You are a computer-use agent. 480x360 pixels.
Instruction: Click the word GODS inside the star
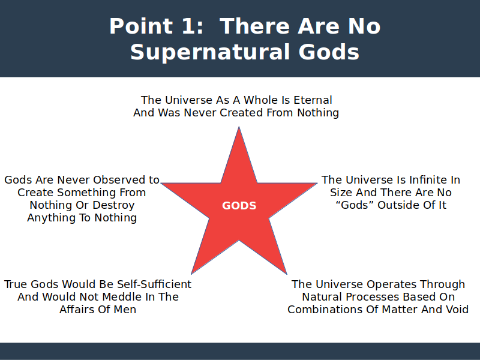tap(239, 206)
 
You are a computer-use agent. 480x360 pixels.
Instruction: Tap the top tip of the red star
tap(239, 127)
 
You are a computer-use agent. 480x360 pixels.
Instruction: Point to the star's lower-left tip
tap(191, 274)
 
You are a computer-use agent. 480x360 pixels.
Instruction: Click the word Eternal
tap(313, 100)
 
